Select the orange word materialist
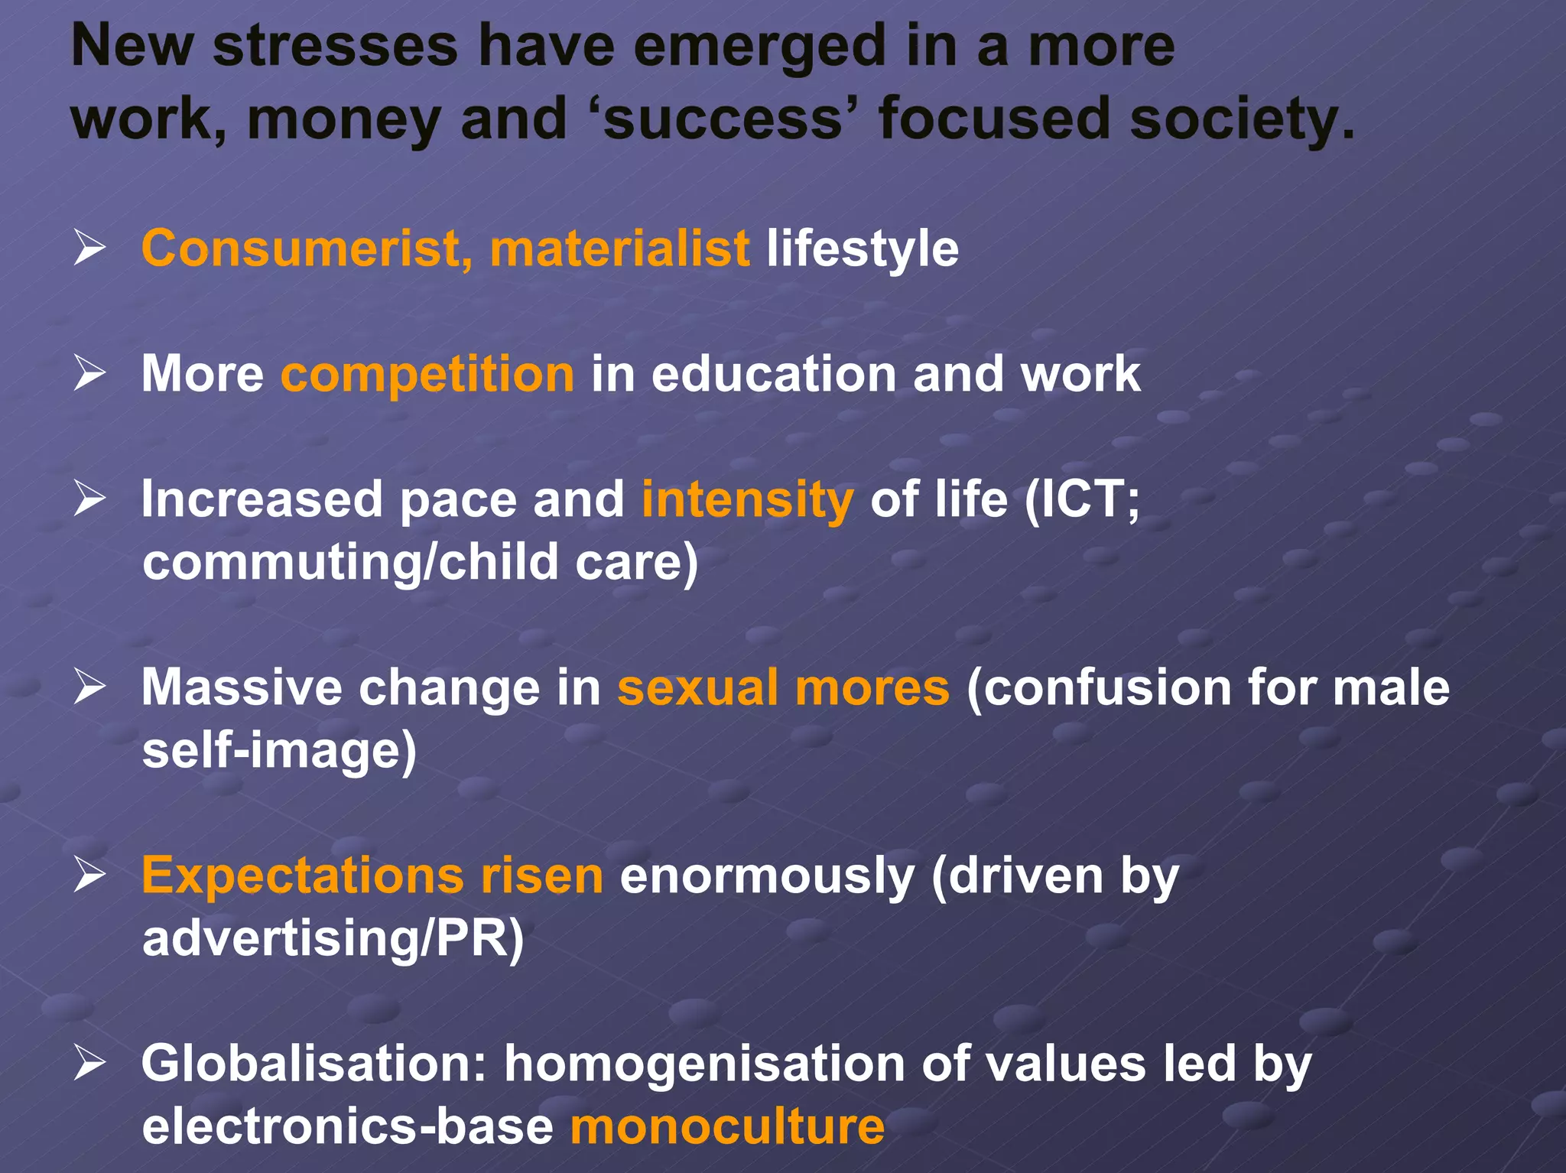coord(619,249)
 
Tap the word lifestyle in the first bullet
coord(862,249)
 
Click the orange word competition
coord(427,374)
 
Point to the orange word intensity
coord(747,499)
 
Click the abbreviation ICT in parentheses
coord(1080,499)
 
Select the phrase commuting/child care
coord(419,563)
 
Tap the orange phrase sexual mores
coord(783,687)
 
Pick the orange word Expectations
coord(303,875)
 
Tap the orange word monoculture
coord(727,1126)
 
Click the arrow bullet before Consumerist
coord(89,249)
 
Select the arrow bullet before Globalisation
coord(89,1063)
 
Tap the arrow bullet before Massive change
coord(89,687)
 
